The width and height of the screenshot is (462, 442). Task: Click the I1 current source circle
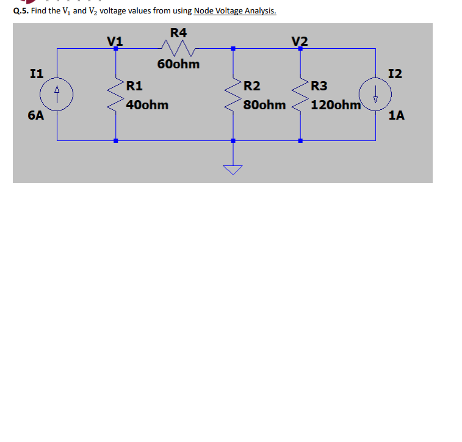point(57,95)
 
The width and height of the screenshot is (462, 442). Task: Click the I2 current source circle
point(374,95)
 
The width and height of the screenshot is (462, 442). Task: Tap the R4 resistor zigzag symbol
point(176,48)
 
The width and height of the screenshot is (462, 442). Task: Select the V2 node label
point(300,41)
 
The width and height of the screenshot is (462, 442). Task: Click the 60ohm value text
point(178,64)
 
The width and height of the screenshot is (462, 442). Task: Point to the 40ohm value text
point(148,105)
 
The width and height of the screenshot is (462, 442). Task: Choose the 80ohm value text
point(264,105)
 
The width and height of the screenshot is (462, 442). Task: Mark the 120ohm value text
point(336,105)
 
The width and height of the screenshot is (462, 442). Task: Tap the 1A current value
point(397,115)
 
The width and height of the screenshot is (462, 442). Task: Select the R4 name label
point(178,32)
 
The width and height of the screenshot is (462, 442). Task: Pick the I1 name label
point(36,74)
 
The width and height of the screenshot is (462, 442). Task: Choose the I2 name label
point(395,74)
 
